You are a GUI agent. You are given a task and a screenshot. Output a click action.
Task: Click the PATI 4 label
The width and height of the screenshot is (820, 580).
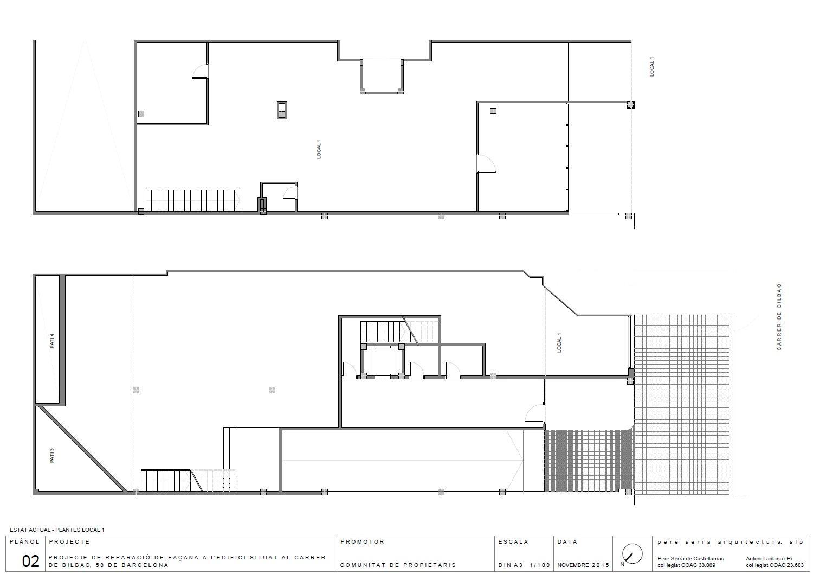(x=52, y=341)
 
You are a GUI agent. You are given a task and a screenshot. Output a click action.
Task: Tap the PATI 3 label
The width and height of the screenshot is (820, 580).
(x=52, y=455)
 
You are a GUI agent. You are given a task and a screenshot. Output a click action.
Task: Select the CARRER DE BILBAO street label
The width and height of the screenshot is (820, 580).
(x=779, y=317)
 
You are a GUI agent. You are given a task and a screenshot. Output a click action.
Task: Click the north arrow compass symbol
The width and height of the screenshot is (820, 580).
(x=632, y=553)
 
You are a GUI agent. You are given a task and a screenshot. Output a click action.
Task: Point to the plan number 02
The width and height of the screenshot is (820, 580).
(x=30, y=562)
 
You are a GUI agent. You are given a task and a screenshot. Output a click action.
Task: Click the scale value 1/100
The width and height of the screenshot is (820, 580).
(x=540, y=565)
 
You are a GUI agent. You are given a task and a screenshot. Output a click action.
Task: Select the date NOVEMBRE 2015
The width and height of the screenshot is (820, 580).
(x=583, y=565)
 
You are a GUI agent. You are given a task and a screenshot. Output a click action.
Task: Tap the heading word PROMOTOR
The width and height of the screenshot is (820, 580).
(x=363, y=542)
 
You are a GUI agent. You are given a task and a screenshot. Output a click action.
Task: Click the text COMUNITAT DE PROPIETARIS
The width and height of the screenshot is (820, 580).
(x=398, y=565)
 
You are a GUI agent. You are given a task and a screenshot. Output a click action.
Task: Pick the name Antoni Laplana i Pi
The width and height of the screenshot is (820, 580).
(x=769, y=559)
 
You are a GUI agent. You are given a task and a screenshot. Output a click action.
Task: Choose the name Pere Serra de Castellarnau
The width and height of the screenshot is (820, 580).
(x=691, y=559)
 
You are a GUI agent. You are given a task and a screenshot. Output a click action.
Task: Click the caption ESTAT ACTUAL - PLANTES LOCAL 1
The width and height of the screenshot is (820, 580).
(x=57, y=530)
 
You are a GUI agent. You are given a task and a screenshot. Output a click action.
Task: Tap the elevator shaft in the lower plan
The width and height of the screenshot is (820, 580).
(x=383, y=361)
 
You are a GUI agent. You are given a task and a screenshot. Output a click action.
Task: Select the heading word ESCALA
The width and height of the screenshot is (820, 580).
(x=513, y=542)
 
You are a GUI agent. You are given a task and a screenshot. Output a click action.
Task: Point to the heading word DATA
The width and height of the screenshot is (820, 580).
(x=567, y=542)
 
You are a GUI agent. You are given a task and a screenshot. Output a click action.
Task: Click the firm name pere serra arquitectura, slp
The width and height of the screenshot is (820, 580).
(x=731, y=542)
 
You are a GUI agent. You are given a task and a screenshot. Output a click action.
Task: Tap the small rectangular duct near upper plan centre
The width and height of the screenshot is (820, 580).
(x=282, y=110)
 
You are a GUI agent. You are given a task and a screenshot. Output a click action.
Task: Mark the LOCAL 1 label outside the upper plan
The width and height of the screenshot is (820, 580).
(x=651, y=67)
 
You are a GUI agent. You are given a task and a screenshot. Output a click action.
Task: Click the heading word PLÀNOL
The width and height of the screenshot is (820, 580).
(x=24, y=542)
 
